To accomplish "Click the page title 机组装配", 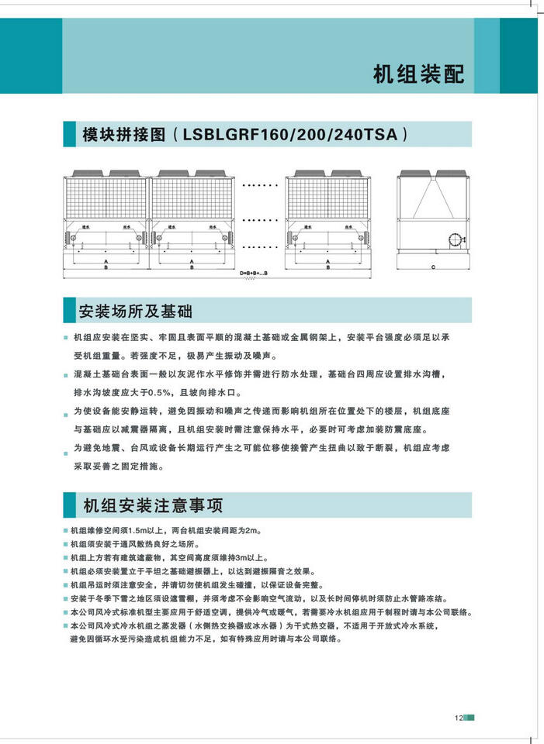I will [x=418, y=74].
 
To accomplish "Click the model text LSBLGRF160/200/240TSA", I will [x=293, y=133].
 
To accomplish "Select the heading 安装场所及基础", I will [x=135, y=312].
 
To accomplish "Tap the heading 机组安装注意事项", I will [x=152, y=505].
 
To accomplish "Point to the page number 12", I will [x=459, y=717].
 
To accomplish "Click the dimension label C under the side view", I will [x=432, y=267].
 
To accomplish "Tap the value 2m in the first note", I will [x=252, y=531].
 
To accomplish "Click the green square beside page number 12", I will [x=470, y=717].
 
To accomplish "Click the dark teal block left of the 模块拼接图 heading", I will [x=70, y=133].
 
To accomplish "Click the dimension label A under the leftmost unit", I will [x=105, y=261].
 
